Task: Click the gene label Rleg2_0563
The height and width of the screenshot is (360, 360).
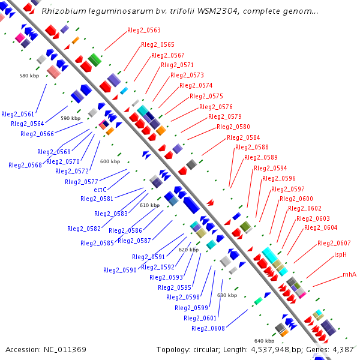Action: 144,30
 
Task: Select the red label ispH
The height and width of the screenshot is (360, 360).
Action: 341,254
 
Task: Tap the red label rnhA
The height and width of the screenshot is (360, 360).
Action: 349,274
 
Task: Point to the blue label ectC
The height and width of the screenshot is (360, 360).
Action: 100,190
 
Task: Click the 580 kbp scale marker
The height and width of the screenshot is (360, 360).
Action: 29,76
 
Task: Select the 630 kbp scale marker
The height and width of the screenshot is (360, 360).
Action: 227,295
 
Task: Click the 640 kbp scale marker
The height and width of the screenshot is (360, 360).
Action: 264,340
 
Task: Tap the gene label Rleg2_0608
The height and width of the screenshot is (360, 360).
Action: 208,328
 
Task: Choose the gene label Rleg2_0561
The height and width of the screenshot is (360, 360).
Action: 18,113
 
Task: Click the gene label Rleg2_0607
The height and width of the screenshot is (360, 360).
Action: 334,243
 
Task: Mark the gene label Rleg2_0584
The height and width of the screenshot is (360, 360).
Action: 244,137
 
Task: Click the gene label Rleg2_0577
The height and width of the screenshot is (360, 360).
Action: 82,182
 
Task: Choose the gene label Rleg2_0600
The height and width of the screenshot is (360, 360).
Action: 296,199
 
